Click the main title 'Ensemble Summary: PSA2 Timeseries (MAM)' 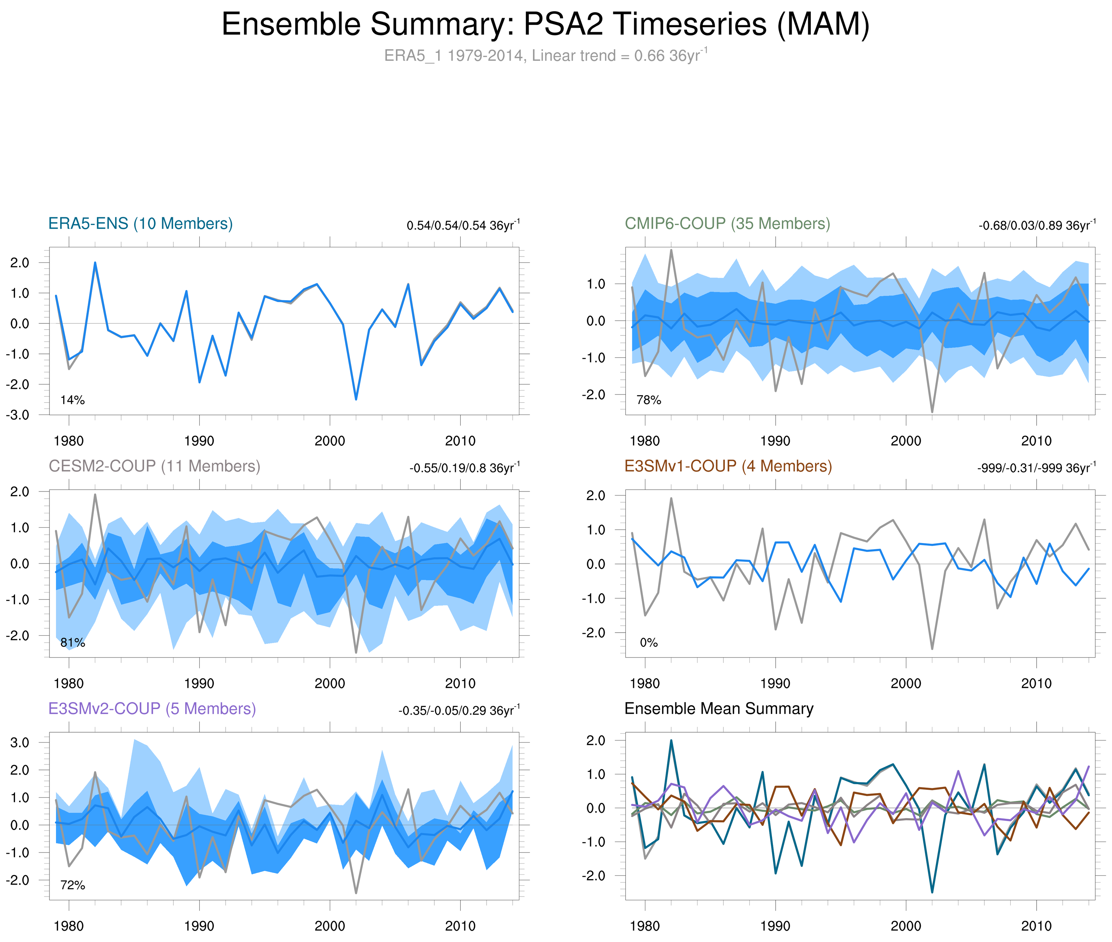point(545,25)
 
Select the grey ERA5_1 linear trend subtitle point(545,56)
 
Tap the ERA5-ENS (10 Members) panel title point(140,224)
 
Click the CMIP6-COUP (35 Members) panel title point(727,224)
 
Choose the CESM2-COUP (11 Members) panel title point(154,466)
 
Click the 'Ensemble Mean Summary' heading point(719,709)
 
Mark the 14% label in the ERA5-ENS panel point(73,400)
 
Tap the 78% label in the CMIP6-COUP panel point(649,400)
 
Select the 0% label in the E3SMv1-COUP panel point(649,642)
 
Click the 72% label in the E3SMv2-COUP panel point(73,885)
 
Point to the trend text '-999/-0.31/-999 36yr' point(1036,468)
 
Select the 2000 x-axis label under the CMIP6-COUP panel point(905,441)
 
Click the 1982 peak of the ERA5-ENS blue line point(95,263)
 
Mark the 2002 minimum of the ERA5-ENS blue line point(356,399)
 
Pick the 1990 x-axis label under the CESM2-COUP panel point(199,683)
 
